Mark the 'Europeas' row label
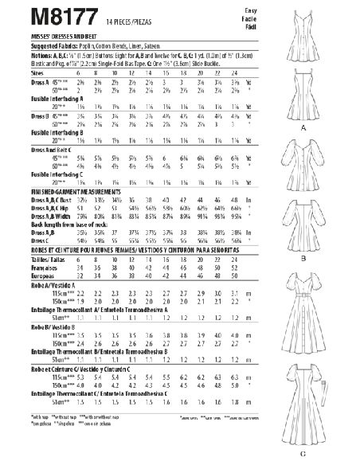click(x=23, y=287)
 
